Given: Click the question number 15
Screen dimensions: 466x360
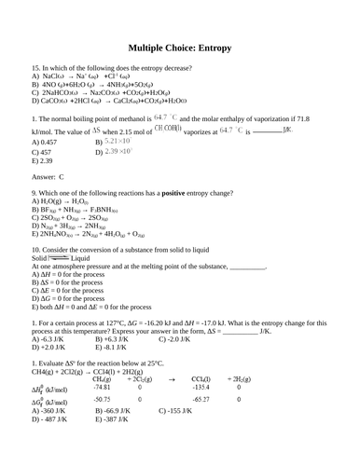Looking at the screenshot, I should pos(35,82).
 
